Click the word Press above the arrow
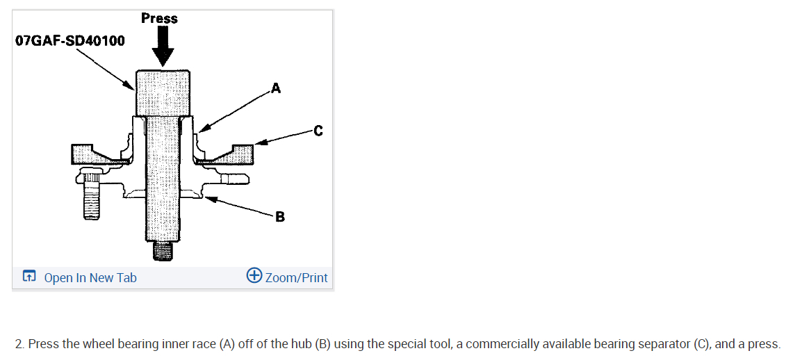click(159, 18)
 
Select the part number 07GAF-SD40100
click(70, 40)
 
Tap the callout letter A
click(276, 88)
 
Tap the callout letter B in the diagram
click(279, 217)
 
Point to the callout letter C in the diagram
click(318, 130)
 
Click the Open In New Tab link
click(90, 278)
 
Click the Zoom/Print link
click(296, 278)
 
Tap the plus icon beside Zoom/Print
click(254, 276)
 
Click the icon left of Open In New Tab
click(28, 277)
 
